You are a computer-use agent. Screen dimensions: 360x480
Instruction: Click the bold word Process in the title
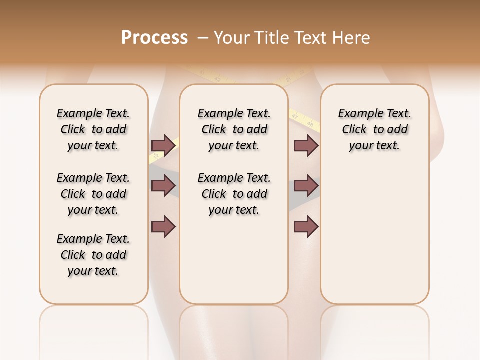154,38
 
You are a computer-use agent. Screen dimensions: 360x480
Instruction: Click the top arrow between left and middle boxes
163,145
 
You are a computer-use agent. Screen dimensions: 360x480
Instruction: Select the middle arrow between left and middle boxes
163,186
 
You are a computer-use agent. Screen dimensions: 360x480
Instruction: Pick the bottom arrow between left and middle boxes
163,227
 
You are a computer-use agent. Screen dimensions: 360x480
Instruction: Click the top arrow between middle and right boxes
306,145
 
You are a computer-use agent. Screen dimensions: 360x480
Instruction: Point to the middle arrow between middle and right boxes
306,186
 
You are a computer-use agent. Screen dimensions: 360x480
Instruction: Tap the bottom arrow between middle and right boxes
306,227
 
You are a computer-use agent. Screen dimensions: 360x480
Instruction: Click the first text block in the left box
93,129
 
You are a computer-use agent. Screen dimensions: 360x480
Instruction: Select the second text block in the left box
93,194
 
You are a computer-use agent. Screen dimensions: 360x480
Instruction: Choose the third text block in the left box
93,255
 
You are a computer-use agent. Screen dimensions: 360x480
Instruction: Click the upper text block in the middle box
234,129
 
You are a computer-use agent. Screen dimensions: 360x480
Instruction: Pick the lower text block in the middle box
234,194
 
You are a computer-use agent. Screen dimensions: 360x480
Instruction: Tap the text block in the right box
375,129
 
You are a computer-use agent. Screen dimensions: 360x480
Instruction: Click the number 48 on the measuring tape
310,122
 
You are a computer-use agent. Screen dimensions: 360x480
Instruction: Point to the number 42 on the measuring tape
217,79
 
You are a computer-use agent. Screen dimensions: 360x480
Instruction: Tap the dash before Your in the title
203,38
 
